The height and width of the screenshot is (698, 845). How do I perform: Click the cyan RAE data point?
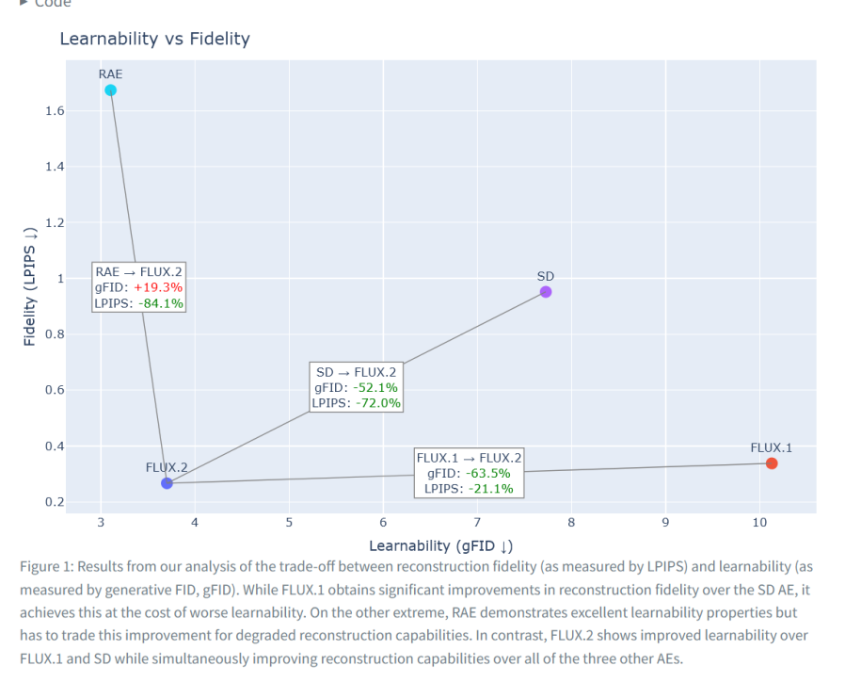click(110, 90)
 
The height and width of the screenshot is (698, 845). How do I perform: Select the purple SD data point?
click(546, 292)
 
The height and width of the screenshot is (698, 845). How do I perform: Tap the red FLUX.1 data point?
click(772, 463)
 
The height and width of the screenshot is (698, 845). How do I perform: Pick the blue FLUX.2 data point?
click(167, 483)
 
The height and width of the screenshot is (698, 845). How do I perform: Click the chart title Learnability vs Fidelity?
click(154, 39)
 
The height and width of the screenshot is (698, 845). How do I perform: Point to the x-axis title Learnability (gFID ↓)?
click(440, 545)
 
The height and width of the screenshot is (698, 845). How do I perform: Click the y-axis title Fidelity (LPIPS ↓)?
click(30, 286)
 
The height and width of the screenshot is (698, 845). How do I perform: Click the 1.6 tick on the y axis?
click(54, 111)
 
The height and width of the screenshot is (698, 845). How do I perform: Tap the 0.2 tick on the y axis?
click(54, 502)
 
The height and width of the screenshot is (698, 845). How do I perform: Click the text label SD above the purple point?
click(546, 276)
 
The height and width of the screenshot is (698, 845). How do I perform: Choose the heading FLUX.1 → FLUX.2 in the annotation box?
click(469, 458)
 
